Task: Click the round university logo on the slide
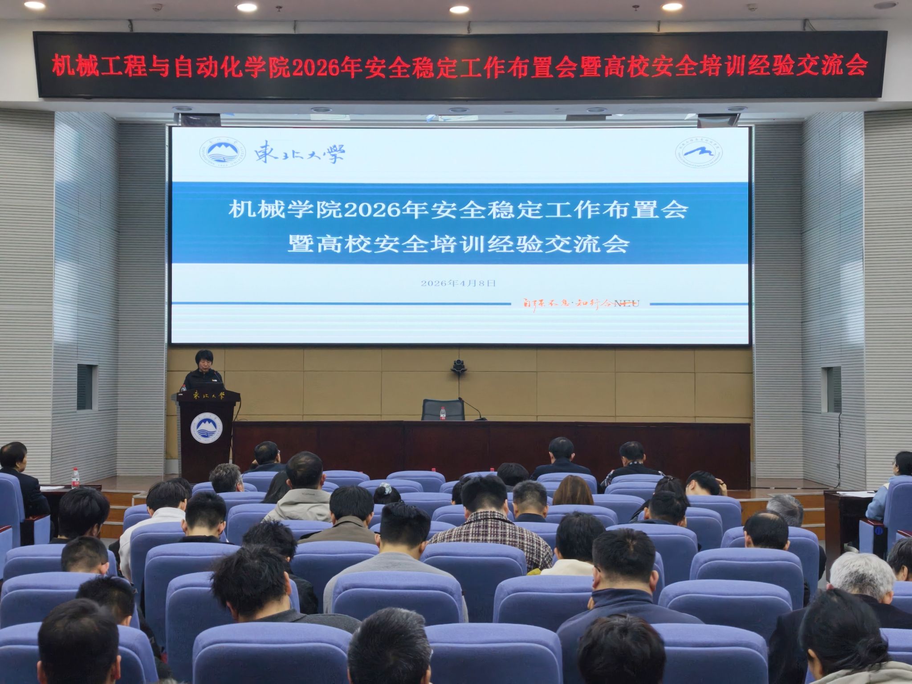click(x=222, y=155)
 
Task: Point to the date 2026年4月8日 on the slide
click(x=458, y=283)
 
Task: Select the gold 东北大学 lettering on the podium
click(x=209, y=395)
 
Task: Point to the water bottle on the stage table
click(x=442, y=413)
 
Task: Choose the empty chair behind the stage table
click(x=443, y=409)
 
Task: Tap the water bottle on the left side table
click(x=75, y=478)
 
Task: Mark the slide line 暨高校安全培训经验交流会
click(x=458, y=244)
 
